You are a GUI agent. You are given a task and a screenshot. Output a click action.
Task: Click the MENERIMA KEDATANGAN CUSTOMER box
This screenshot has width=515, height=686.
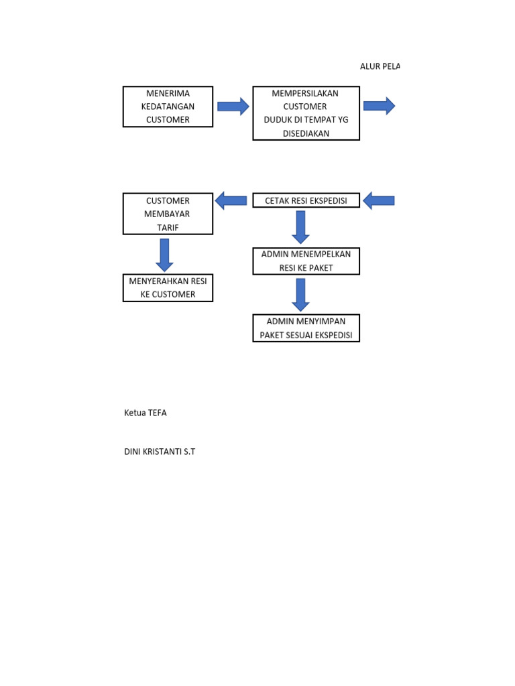pyautogui.click(x=168, y=107)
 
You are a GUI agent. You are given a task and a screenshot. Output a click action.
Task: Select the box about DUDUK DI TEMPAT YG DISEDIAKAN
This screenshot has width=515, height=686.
pyautogui.click(x=306, y=113)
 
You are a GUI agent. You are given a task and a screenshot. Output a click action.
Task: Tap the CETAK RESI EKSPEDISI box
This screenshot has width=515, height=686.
pyautogui.click(x=306, y=200)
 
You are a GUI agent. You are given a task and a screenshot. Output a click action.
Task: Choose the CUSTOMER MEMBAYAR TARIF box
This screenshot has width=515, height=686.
pyautogui.click(x=168, y=214)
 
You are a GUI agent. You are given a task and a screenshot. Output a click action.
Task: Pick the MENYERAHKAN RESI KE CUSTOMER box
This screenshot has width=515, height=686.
pyautogui.click(x=168, y=287)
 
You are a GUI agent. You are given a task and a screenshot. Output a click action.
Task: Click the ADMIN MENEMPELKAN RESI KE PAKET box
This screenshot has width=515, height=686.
pyautogui.click(x=306, y=261)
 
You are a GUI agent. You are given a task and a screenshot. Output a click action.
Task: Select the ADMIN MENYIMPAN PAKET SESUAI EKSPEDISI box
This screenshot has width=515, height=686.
pyautogui.click(x=306, y=328)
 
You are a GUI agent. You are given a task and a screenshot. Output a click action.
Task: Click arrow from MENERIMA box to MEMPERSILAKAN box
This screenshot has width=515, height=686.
pyautogui.click(x=233, y=107)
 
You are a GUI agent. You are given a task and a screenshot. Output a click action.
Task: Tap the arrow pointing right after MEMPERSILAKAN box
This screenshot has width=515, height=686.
pyautogui.click(x=379, y=106)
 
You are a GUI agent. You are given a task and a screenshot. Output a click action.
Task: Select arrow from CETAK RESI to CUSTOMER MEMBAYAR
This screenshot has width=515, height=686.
pyautogui.click(x=231, y=200)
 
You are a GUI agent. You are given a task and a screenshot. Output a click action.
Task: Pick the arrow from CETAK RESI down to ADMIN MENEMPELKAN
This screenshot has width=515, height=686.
pyautogui.click(x=300, y=226)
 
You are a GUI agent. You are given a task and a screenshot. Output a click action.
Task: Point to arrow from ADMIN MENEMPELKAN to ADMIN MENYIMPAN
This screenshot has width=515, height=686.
pyautogui.click(x=300, y=294)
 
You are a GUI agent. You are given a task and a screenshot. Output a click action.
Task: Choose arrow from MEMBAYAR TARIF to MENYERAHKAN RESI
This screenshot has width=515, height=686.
pyautogui.click(x=164, y=254)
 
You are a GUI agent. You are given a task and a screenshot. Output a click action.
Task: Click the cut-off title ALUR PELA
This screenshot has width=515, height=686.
pyautogui.click(x=380, y=67)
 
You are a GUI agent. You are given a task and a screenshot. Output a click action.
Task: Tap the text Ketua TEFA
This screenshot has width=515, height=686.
pyautogui.click(x=146, y=413)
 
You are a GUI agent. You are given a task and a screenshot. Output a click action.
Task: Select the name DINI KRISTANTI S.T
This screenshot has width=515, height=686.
pyautogui.click(x=160, y=452)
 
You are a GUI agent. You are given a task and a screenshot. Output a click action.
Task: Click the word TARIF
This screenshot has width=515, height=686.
pyautogui.click(x=168, y=228)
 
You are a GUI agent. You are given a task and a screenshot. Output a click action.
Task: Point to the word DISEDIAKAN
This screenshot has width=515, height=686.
pyautogui.click(x=306, y=133)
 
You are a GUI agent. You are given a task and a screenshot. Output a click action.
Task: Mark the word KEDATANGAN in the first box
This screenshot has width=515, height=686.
pyautogui.click(x=168, y=107)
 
